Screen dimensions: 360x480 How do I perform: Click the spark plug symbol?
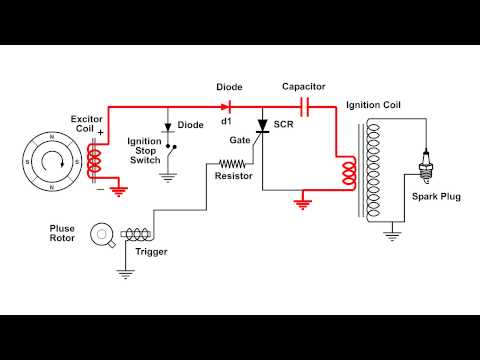(x=427, y=164)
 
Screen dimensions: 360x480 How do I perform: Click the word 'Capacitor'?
(x=304, y=86)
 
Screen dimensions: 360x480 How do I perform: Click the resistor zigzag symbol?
(x=232, y=163)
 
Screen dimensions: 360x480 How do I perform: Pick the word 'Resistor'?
(x=233, y=177)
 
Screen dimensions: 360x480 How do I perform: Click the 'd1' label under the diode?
(x=226, y=121)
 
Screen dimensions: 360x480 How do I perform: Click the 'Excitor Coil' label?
(x=86, y=124)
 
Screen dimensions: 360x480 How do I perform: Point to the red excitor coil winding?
(x=94, y=160)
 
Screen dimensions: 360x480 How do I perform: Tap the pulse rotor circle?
(x=100, y=236)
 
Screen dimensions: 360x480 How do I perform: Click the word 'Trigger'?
(x=151, y=251)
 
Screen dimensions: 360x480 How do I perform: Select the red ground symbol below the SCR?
(x=302, y=205)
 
